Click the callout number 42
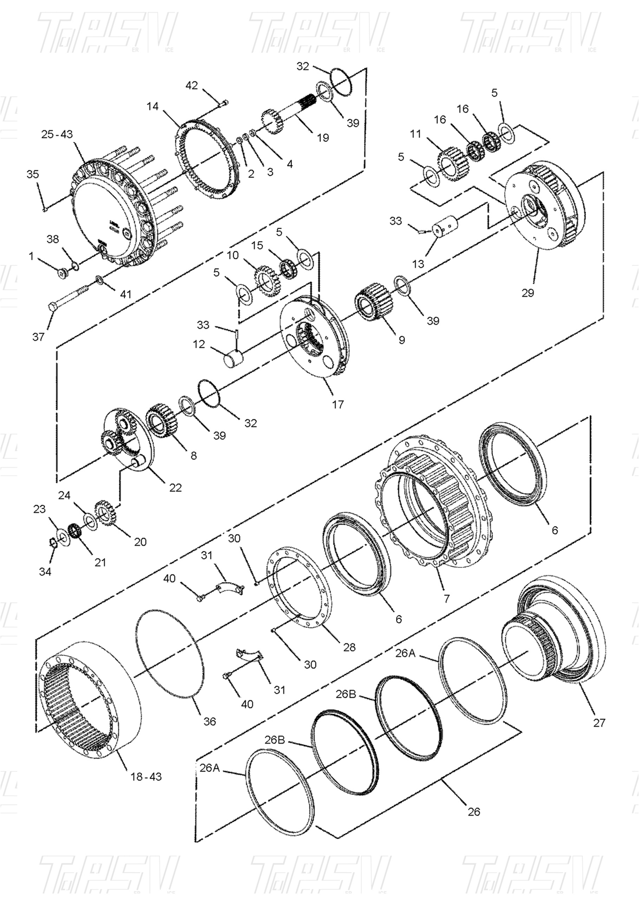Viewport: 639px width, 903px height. (191, 85)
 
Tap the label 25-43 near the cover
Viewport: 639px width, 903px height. (57, 134)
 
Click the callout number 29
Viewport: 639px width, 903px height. (528, 293)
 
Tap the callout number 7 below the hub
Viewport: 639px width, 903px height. (447, 598)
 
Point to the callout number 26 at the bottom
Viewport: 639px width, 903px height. (473, 811)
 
